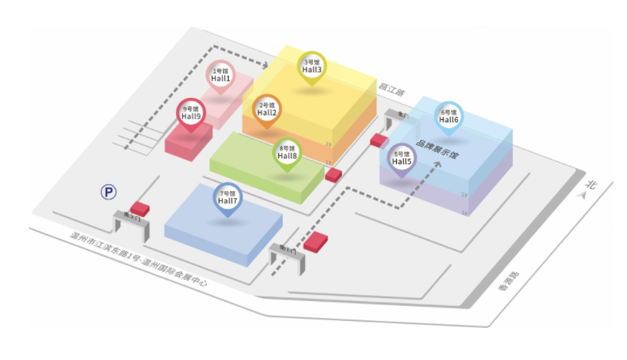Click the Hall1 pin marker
pos(221,75)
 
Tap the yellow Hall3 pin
pos(312,66)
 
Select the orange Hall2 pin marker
pos(268,110)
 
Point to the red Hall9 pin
pos(191,113)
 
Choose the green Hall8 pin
pos(288,152)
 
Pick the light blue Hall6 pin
pos(449,116)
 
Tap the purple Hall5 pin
pos(402,158)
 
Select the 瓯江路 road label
pos(391,89)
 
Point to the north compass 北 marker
pos(590,187)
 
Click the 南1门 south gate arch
pos(288,255)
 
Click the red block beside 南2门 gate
pos(140,208)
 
